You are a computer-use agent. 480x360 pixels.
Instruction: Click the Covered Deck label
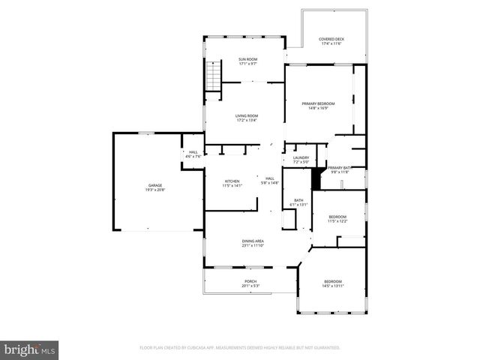(331, 40)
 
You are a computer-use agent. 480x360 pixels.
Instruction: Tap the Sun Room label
(248, 59)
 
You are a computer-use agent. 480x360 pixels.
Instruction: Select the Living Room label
(247, 115)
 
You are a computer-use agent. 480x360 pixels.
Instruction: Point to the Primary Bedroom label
(318, 103)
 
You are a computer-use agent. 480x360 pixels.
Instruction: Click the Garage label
(155, 185)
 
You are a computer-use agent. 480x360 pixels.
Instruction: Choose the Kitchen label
(232, 181)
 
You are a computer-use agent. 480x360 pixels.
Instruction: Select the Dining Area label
(253, 241)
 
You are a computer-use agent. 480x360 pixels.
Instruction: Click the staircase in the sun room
(214, 76)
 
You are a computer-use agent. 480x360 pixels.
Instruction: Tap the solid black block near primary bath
(316, 181)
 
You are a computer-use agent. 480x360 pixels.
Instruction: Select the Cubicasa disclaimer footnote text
(240, 348)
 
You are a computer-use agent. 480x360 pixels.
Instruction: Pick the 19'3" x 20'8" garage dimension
(155, 190)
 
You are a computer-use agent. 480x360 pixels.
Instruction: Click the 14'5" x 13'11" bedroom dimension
(332, 286)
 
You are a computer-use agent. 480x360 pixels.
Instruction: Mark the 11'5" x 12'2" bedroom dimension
(337, 221)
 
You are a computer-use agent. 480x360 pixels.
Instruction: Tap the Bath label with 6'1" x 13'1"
(298, 200)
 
